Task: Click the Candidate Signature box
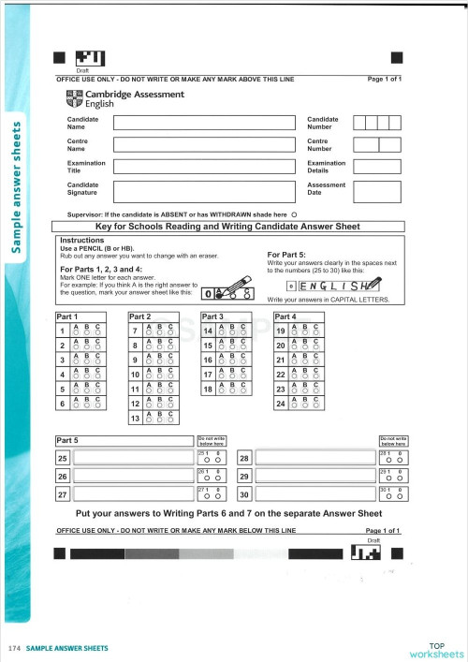pos(203,192)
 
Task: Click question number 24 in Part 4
pos(281,403)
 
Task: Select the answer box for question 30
pos(314,493)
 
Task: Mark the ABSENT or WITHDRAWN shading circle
pos(294,214)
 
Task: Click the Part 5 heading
pos(67,440)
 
